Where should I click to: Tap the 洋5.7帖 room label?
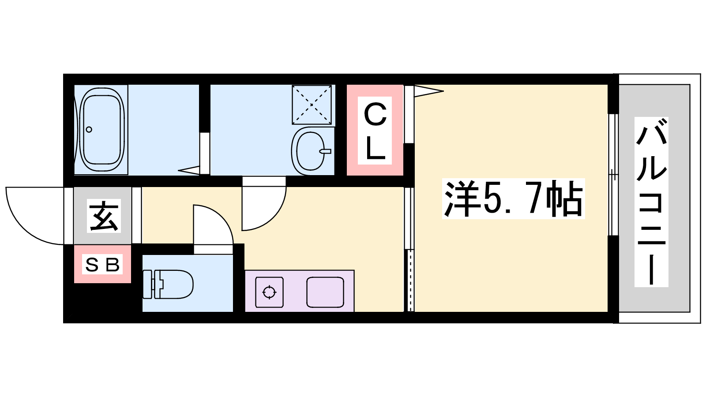click(514, 198)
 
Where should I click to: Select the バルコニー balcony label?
click(651, 202)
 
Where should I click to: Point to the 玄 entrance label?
click(104, 216)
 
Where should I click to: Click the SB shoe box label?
click(102, 264)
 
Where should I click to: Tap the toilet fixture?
click(168, 284)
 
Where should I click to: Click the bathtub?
click(101, 130)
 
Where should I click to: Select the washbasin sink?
click(311, 151)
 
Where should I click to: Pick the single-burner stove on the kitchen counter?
click(269, 292)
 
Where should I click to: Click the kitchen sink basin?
click(325, 292)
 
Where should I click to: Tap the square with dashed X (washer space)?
click(312, 105)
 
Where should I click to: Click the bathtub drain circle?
click(89, 130)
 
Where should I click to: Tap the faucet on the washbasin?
click(325, 151)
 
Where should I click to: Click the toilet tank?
click(148, 284)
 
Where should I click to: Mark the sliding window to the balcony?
click(613, 175)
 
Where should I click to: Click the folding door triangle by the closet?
click(428, 91)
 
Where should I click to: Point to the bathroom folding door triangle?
click(189, 170)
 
